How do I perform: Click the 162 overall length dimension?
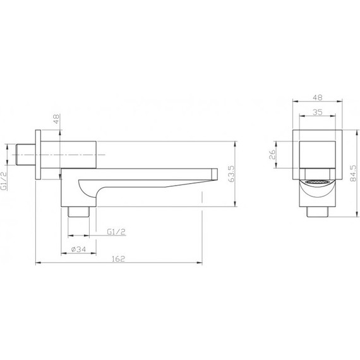coord(119,259)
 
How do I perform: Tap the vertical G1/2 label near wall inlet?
coord(6,179)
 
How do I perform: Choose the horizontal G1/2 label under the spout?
coord(116,232)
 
